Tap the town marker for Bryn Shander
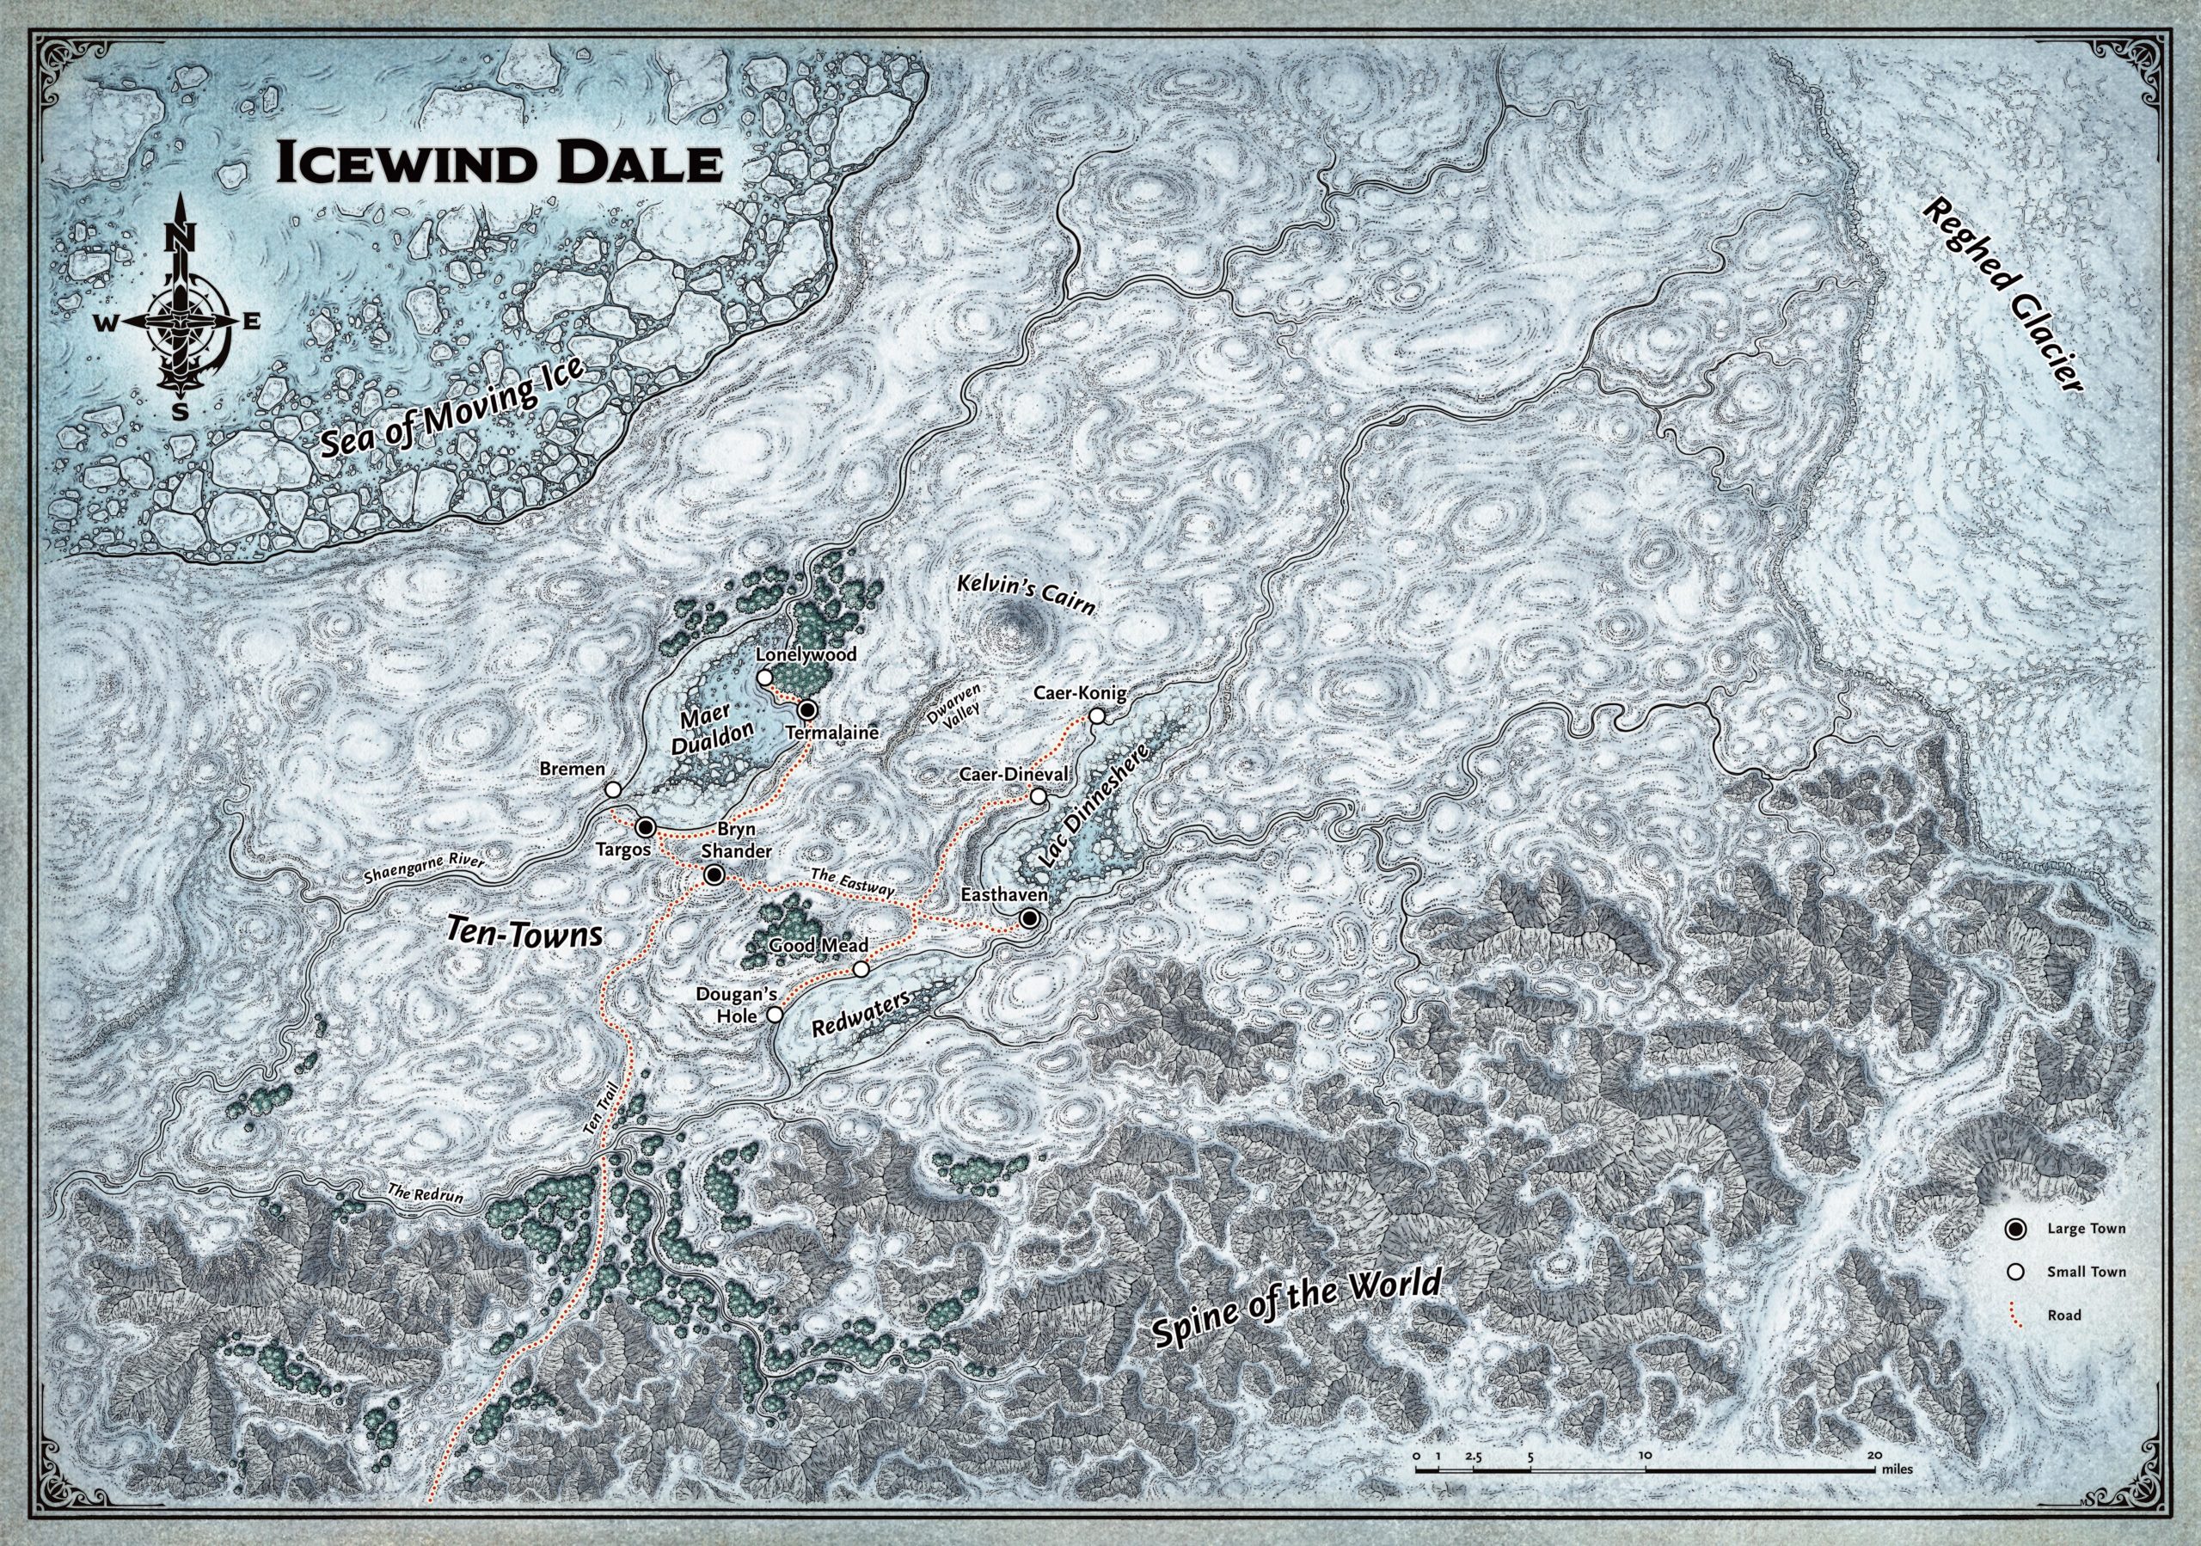714,875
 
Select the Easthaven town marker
1028,918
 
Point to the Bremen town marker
612,790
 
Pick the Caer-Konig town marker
1097,716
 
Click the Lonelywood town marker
764,678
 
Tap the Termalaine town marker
807,709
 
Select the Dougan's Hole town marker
775,1014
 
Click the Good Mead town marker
861,969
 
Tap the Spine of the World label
1298,1311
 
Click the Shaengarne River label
425,868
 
